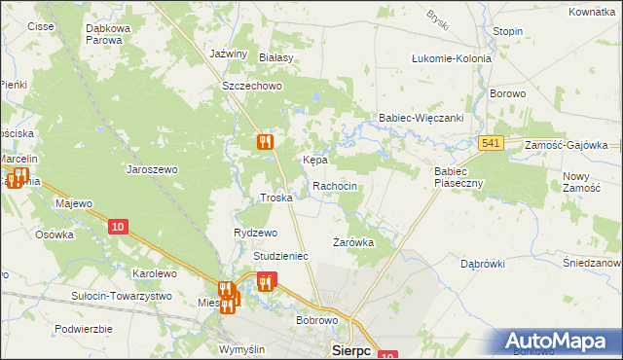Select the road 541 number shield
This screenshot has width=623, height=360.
pos(491,144)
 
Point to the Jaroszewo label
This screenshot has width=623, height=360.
pos(152,168)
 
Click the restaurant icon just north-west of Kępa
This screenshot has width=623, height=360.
pos(264,142)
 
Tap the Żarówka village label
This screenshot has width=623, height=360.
pos(353,241)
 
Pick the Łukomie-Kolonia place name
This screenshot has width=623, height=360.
pos(451,57)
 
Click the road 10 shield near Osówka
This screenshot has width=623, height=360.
pos(118,227)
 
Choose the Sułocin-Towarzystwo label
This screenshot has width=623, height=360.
pos(122,296)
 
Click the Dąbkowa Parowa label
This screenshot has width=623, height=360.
pos(117,35)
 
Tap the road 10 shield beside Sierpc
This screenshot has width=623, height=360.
pos(387,355)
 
